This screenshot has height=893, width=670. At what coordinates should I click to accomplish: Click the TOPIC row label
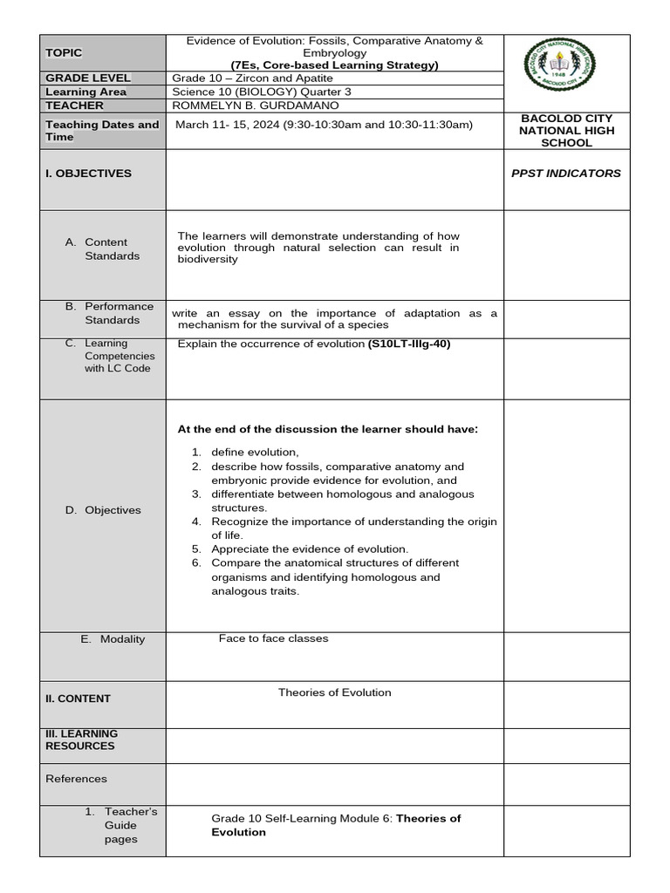[64, 53]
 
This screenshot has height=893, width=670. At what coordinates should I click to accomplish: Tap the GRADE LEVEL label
[87, 78]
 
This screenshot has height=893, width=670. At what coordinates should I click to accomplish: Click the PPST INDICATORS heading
[566, 173]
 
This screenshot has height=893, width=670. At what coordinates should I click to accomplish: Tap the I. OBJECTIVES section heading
[88, 174]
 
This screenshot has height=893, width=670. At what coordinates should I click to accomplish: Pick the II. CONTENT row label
[78, 699]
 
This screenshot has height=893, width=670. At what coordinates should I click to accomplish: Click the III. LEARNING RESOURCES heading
[81, 740]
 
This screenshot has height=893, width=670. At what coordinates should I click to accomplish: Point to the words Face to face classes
[273, 638]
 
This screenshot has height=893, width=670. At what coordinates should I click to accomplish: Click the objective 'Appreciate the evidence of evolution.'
[309, 549]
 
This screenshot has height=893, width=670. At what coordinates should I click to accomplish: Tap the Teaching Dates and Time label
[102, 131]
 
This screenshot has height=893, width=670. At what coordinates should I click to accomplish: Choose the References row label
[76, 779]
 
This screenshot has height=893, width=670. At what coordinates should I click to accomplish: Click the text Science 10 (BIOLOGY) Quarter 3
[262, 92]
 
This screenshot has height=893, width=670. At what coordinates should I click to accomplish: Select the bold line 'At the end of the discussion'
[327, 429]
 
